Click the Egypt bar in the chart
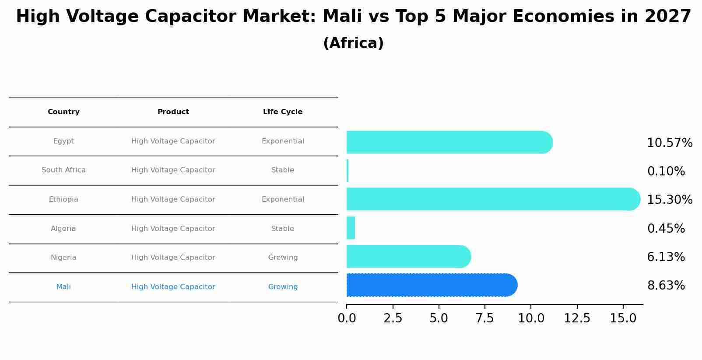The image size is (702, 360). [449, 142]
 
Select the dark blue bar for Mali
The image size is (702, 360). [431, 285]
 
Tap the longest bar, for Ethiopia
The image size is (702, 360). [492, 199]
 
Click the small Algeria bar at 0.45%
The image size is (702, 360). [351, 228]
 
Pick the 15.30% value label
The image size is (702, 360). [669, 200]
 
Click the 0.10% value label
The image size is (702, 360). [666, 171]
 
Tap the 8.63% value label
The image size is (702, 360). [666, 286]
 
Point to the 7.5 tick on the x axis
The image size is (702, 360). [484, 318]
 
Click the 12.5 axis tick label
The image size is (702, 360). [577, 318]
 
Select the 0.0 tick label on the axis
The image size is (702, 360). [347, 318]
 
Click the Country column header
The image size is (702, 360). [63, 112]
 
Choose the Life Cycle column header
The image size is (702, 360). [283, 112]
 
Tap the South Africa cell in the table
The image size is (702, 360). [63, 170]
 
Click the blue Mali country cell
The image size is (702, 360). [63, 287]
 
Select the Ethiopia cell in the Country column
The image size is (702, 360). [63, 199]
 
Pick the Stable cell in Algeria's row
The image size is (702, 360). [283, 229]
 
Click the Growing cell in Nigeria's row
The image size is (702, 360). [283, 258]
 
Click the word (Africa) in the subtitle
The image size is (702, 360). [353, 43]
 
